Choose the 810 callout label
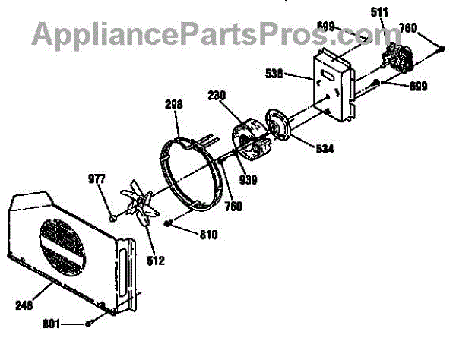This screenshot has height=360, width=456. point(207,235)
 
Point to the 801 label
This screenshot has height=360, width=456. point(50,325)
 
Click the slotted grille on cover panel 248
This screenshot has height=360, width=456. point(65,246)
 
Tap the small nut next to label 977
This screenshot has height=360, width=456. point(113,218)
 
